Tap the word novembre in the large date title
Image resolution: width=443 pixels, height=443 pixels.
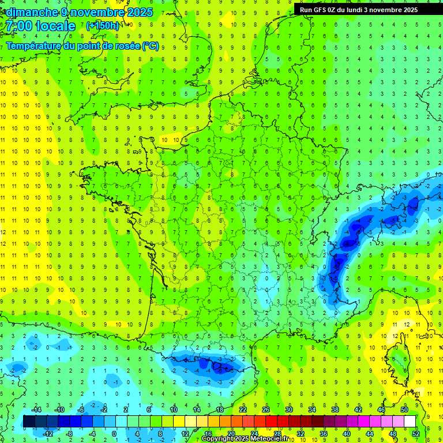pyautogui.click(x=97, y=12)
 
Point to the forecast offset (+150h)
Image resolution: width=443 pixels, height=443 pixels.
pyautogui.click(x=103, y=26)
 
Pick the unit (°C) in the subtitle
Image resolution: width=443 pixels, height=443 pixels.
pyautogui.click(x=151, y=46)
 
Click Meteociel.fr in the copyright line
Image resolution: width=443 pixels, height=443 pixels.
pyautogui.click(x=273, y=439)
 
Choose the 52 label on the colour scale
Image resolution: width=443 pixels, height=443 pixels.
pyautogui.click(x=416, y=433)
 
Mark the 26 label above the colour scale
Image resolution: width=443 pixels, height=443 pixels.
pyautogui.click(x=266, y=410)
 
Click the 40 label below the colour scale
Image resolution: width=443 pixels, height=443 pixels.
pyautogui.click(x=347, y=433)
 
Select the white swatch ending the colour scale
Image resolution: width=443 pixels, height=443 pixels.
pyautogui.click(x=410, y=421)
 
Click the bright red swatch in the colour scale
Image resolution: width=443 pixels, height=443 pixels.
pyautogui.click(x=271, y=421)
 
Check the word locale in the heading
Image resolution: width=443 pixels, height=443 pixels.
pyautogui.click(x=54, y=26)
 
